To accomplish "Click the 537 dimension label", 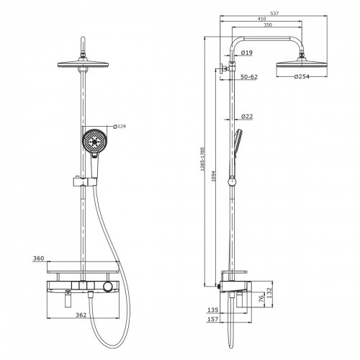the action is [274, 14].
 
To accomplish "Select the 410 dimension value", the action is [261, 19].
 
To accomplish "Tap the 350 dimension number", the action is [268, 24].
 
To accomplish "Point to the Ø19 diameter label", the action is [246, 53].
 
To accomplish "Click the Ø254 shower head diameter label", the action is [302, 76].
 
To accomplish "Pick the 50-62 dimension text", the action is [249, 77].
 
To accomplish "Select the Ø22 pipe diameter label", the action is [247, 117].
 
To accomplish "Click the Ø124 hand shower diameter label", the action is [120, 127].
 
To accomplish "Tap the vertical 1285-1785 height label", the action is [202, 159].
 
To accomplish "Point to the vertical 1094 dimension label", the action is [214, 176].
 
